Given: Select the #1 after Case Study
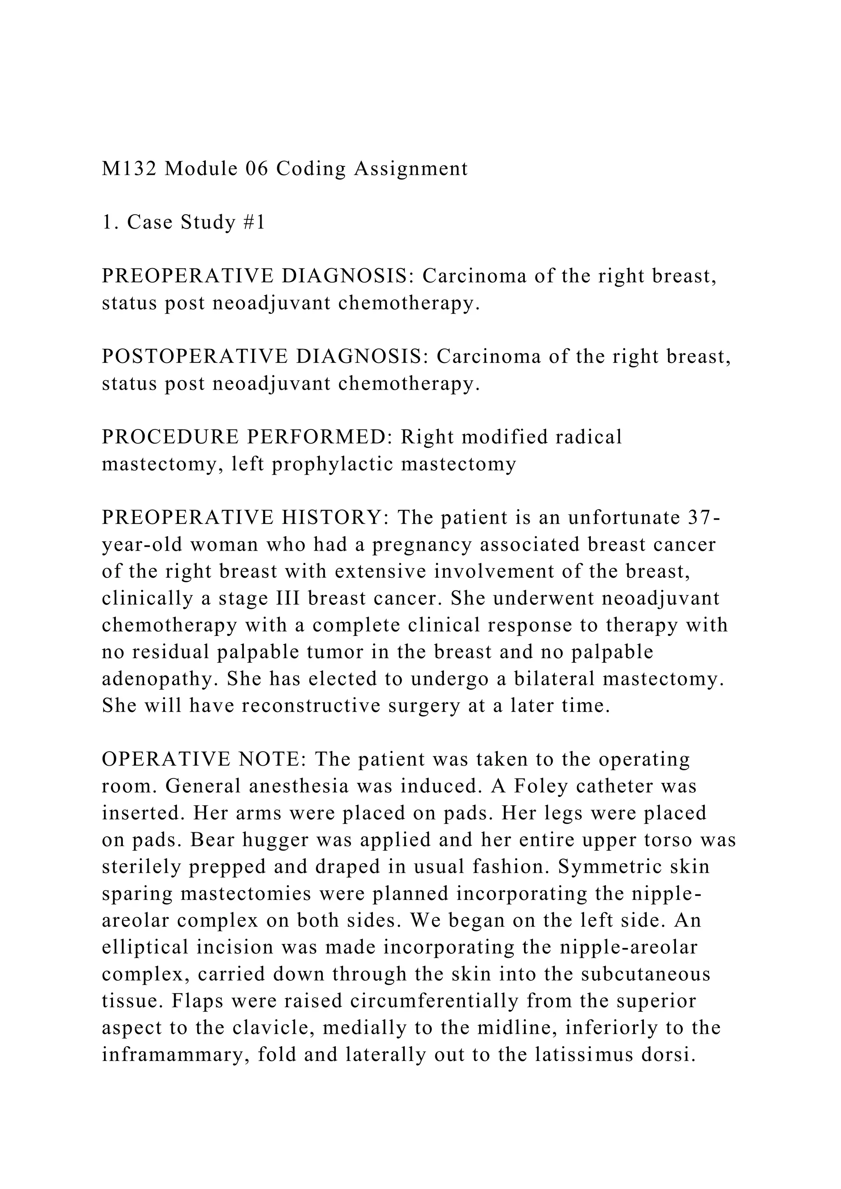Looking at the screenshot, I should click(254, 222).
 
